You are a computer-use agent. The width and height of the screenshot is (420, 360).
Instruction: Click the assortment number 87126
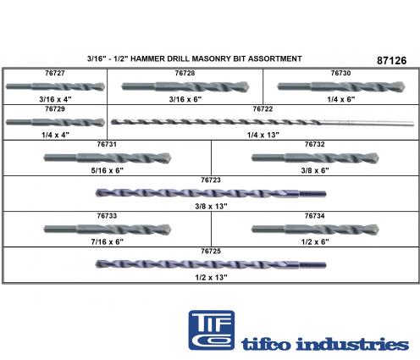pyautogui.click(x=391, y=60)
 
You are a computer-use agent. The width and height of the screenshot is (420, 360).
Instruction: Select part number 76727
pyautogui.click(x=55, y=73)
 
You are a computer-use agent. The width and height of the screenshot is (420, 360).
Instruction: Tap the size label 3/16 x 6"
pyautogui.click(x=185, y=99)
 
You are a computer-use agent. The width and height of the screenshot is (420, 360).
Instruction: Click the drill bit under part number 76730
pyautogui.click(x=341, y=86)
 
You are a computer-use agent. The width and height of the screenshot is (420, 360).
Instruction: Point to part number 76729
pyautogui.click(x=55, y=108)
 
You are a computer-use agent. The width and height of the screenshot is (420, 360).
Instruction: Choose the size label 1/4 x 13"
pyautogui.click(x=263, y=135)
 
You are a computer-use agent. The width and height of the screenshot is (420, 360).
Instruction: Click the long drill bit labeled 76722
pyautogui.click(x=262, y=122)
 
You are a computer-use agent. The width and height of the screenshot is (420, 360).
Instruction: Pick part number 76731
pyautogui.click(x=107, y=144)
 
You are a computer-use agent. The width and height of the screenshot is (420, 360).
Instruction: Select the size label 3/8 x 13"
pyautogui.click(x=211, y=207)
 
